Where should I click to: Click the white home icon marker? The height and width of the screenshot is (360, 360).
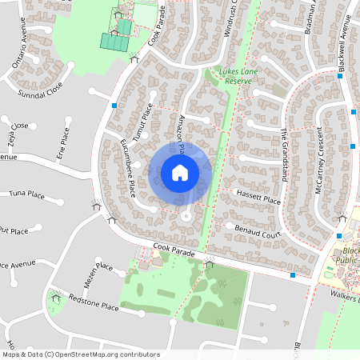(179, 172)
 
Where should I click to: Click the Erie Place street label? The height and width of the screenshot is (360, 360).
(64, 144)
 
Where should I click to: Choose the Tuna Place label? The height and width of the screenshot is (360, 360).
(26, 194)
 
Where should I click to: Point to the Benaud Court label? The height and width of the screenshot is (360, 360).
(259, 231)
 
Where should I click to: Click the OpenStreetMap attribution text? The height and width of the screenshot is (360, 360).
(80, 354)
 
